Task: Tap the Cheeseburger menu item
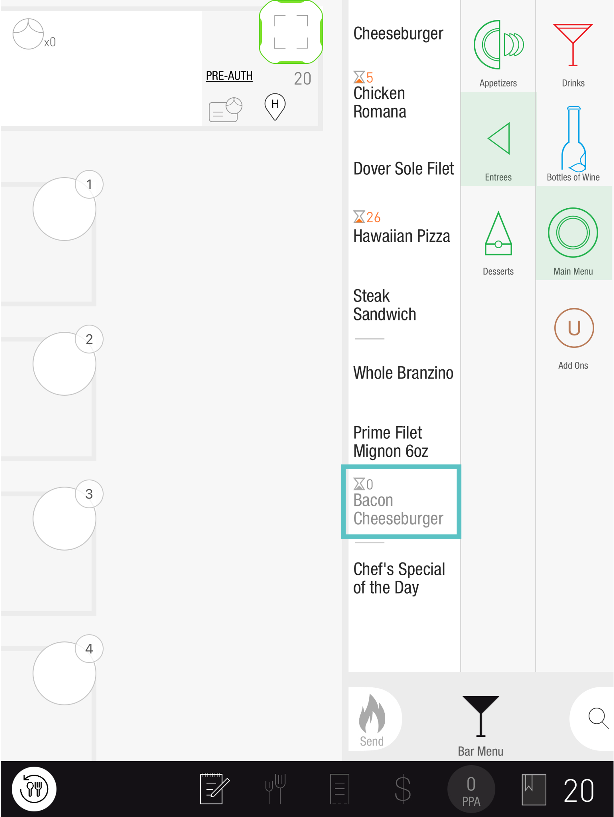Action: [x=398, y=34]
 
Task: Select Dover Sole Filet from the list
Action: [x=403, y=168]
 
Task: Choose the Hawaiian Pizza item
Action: [x=401, y=236]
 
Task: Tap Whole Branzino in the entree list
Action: [x=403, y=373]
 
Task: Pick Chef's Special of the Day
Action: [x=399, y=578]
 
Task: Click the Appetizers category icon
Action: [x=498, y=45]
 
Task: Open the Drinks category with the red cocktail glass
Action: [x=573, y=45]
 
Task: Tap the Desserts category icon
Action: [x=498, y=233]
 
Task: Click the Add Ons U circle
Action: [x=574, y=327]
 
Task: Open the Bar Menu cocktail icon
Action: [x=480, y=716]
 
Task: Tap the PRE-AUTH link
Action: [x=229, y=76]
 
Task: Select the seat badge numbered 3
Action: [x=89, y=494]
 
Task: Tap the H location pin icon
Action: [x=275, y=106]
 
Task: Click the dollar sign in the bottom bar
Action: [x=402, y=789]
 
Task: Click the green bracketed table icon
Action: [x=291, y=32]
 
